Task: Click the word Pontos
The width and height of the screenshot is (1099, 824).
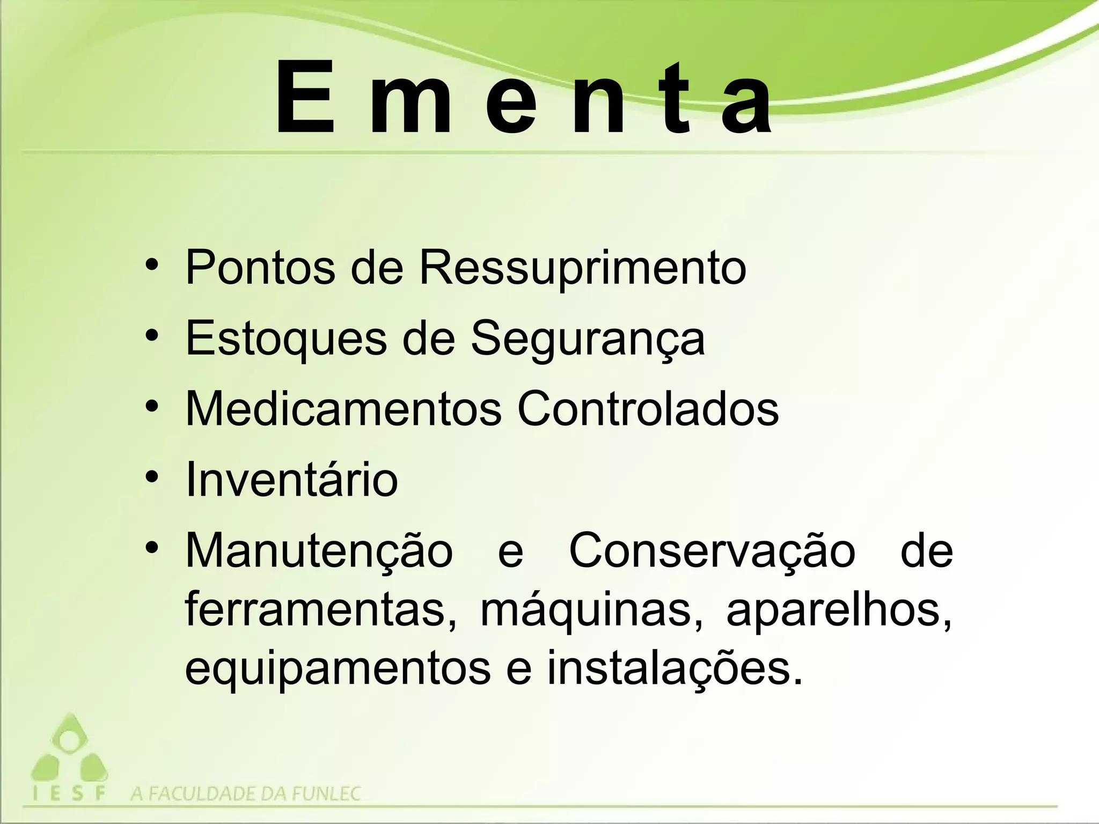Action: point(260,267)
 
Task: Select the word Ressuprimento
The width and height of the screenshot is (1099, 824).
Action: point(582,268)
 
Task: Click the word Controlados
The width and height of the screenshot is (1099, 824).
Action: point(648,409)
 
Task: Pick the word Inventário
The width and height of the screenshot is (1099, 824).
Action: point(291,479)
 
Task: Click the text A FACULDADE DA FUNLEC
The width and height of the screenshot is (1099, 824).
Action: point(246,793)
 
